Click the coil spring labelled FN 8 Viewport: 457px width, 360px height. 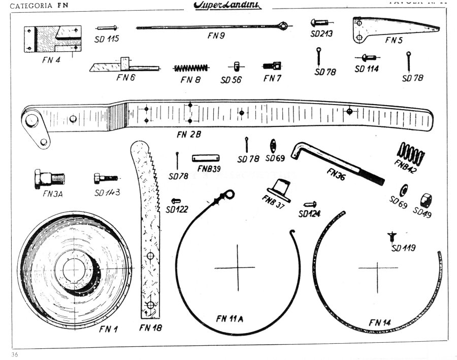[191, 68]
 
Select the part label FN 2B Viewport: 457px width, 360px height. [189, 135]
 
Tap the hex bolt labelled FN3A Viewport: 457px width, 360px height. [48, 178]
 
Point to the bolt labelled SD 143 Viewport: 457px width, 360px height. [105, 178]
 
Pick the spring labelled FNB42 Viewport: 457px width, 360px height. [410, 152]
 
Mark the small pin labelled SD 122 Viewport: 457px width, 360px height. [176, 200]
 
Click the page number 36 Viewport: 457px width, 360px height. [15, 354]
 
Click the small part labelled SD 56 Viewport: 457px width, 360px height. [236, 67]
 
